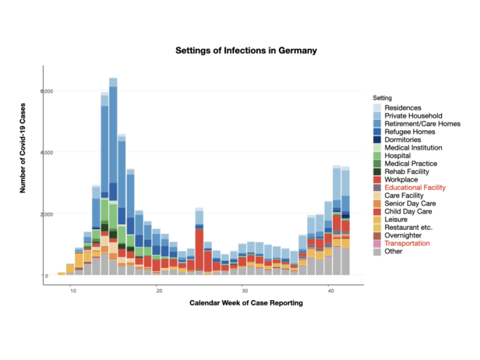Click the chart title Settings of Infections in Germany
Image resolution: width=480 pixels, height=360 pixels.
coord(246,51)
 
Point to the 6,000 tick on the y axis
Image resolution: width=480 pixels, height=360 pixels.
coord(31,91)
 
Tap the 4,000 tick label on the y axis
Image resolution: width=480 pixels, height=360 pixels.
coord(31,152)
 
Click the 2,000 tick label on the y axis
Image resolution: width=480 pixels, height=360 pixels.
coord(31,214)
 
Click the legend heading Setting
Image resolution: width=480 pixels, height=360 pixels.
coord(382,97)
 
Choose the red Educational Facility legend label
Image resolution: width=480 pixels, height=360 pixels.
coord(415,188)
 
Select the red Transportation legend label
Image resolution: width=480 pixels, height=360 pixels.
coord(407,244)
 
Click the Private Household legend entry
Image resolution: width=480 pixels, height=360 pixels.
coord(413,116)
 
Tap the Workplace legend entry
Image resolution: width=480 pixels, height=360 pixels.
coord(401,179)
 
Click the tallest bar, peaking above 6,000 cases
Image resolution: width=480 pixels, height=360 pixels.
coord(113,180)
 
